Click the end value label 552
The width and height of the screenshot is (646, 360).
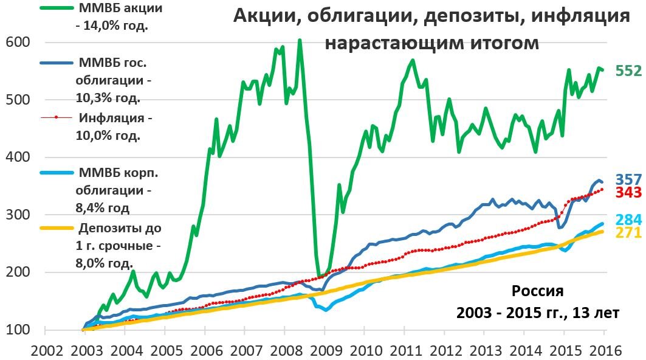tap(628, 71)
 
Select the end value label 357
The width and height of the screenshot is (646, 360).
tap(628, 180)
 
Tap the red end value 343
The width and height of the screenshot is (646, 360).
tap(628, 192)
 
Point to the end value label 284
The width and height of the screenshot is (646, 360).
tap(628, 220)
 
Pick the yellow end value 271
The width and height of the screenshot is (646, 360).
tap(628, 232)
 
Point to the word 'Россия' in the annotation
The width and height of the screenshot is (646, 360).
tap(537, 291)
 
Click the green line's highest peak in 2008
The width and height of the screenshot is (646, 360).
tap(300, 40)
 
